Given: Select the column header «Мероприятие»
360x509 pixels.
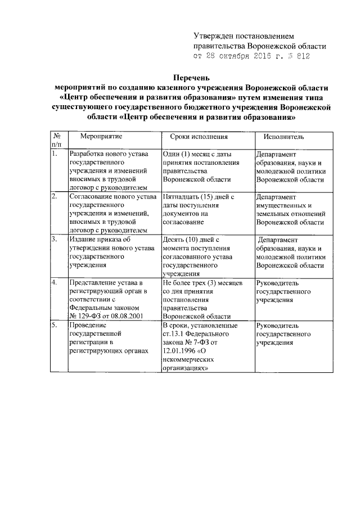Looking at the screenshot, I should pyautogui.click(x=101, y=136).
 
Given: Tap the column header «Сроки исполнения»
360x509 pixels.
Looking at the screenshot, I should pyautogui.click(x=199, y=136).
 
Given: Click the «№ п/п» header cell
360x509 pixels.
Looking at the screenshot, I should pyautogui.click(x=57, y=141).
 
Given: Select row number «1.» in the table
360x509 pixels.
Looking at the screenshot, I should pyautogui.click(x=54, y=154).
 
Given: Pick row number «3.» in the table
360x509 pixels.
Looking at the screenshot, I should pyautogui.click(x=54, y=240).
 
